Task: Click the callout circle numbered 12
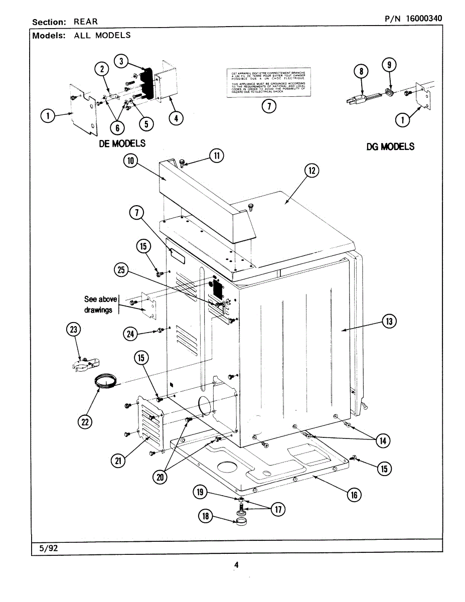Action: [x=312, y=171]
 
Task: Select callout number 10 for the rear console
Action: [x=131, y=161]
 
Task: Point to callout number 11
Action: [x=216, y=155]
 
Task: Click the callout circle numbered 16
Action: [x=354, y=495]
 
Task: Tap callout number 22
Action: [x=86, y=422]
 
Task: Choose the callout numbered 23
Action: [x=74, y=329]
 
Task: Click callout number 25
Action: [x=121, y=270]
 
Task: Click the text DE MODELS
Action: [x=122, y=143]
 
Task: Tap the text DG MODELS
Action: [x=390, y=146]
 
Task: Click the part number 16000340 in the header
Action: [x=421, y=19]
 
